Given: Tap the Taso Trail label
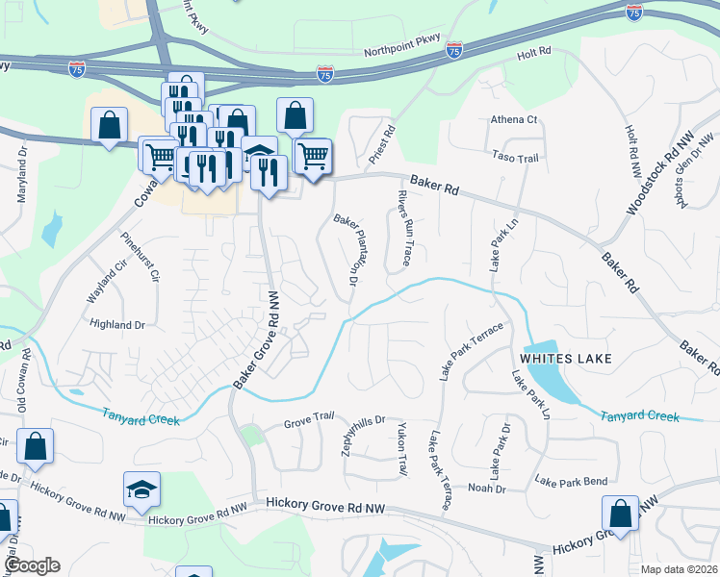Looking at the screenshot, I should [x=515, y=158].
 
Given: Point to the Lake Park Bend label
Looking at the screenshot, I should [x=571, y=480].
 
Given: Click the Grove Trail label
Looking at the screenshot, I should [x=308, y=423].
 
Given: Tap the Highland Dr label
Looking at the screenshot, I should [x=116, y=325].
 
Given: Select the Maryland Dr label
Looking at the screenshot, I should [x=21, y=173].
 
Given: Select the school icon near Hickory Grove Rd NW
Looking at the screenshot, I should [x=141, y=489].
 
